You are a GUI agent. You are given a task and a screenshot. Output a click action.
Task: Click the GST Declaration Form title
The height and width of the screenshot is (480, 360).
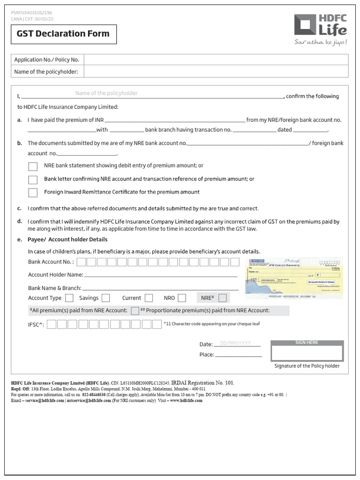click(63, 34)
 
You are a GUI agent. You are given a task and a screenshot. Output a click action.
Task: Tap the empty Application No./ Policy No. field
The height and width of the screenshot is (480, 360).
click(216, 60)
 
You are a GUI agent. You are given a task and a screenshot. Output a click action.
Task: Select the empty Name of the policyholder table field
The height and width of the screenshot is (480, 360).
click(216, 72)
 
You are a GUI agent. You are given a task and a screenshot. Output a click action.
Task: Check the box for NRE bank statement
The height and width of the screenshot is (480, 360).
click(33, 166)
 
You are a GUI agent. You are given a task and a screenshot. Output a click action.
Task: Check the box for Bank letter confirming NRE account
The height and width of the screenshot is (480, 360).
click(33, 180)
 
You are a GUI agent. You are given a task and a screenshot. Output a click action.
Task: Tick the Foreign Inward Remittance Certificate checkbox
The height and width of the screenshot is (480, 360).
click(33, 193)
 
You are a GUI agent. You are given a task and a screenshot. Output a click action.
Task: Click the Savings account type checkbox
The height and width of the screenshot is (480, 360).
click(105, 298)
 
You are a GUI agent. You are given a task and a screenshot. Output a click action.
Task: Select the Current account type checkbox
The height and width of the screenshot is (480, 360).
click(149, 298)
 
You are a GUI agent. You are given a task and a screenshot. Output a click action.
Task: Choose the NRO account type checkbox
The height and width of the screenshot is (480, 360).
click(182, 298)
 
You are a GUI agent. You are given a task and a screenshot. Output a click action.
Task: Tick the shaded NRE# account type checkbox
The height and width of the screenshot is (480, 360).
click(223, 298)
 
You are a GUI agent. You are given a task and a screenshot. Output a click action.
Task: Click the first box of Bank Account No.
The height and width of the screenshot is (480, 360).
click(81, 262)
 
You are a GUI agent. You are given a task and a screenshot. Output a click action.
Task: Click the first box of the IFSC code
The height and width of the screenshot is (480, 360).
click(52, 324)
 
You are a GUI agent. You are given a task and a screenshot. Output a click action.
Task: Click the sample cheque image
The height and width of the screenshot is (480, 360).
click(294, 278)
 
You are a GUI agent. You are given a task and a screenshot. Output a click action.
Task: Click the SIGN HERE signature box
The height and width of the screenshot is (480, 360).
click(307, 353)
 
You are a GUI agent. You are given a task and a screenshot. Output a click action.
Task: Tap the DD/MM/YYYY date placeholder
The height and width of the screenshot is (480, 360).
click(236, 344)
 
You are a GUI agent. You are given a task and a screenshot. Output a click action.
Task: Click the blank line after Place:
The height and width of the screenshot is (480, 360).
click(238, 355)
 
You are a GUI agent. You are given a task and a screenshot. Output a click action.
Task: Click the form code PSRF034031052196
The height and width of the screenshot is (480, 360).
click(32, 13)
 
